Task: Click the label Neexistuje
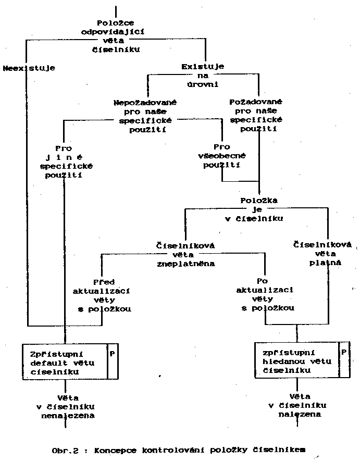coord(29,68)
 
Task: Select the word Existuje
coord(203,67)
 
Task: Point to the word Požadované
coord(256,102)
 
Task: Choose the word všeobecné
coord(222,156)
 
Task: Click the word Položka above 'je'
coord(259,201)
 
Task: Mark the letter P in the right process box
coord(344,352)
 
